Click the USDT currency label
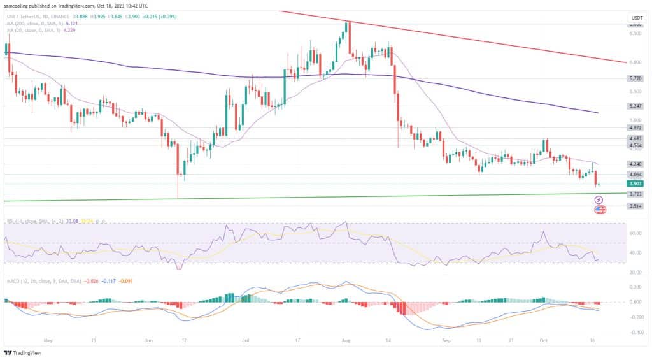[x=635, y=17]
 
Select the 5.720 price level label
[x=635, y=79]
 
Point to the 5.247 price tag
[x=635, y=106]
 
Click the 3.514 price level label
[x=635, y=206]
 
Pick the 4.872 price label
[x=635, y=127]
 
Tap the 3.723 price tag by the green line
[x=635, y=194]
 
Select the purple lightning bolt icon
[x=599, y=200]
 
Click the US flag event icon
[x=599, y=209]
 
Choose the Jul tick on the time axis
[x=245, y=340]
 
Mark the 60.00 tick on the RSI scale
[x=635, y=233]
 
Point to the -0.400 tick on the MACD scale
[x=635, y=332]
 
